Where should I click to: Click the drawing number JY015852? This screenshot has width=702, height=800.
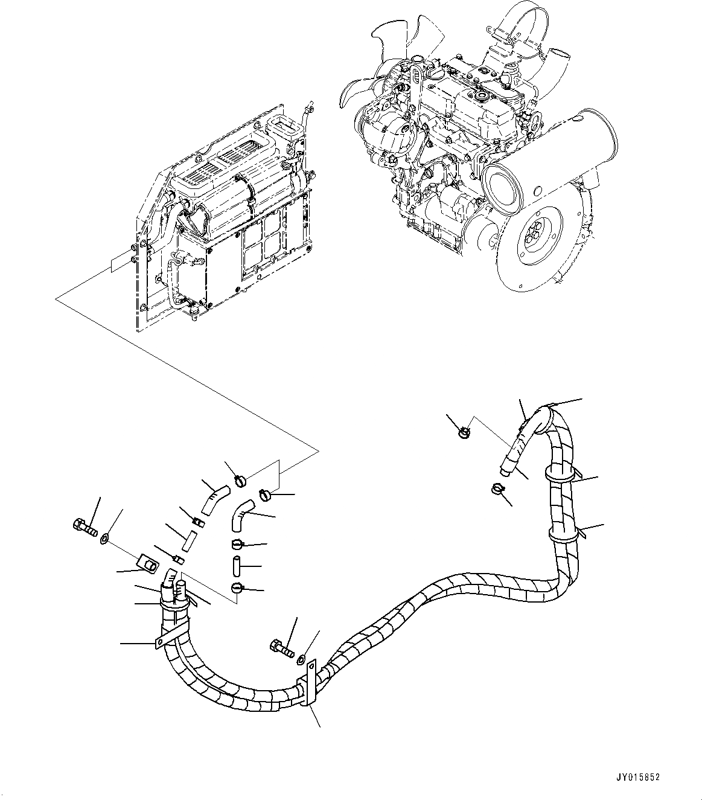coord(638,778)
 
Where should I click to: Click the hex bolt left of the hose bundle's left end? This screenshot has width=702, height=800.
coord(85,528)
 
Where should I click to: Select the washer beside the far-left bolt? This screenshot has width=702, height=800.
coord(105,537)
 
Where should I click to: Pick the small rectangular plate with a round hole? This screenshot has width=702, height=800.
coord(147,565)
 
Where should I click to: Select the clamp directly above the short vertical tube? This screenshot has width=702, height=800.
coord(237,545)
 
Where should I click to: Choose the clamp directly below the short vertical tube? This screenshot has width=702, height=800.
coord(237,587)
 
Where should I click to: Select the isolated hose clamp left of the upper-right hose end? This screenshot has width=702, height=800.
coord(464,431)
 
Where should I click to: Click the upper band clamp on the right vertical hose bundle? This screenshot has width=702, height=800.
coord(560,475)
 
